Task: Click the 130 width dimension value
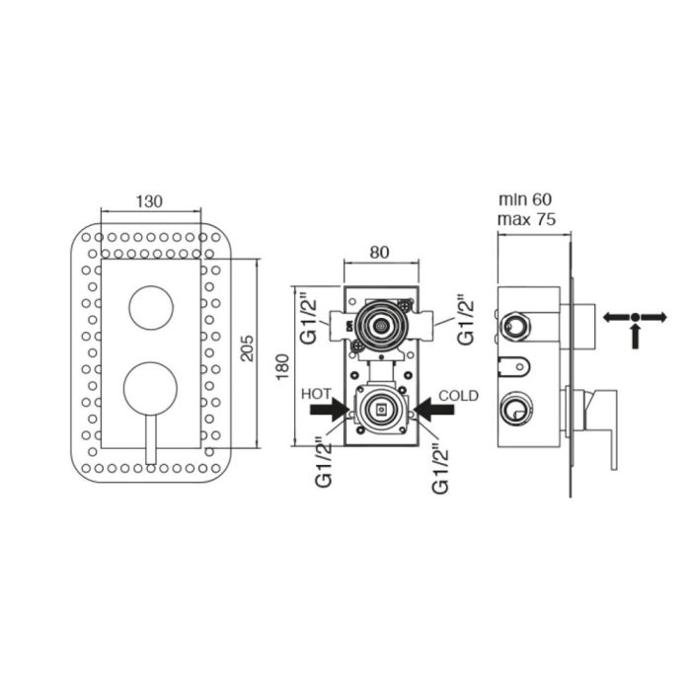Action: click(x=149, y=201)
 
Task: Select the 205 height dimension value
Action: click(x=248, y=348)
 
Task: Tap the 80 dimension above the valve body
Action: click(x=379, y=252)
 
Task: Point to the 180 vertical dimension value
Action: click(x=281, y=366)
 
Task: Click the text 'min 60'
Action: click(x=525, y=199)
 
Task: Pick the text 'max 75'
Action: click(x=526, y=219)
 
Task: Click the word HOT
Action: click(x=316, y=394)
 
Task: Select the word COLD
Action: click(x=458, y=395)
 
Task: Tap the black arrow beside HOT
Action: click(x=330, y=410)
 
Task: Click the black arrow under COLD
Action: click(x=433, y=410)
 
